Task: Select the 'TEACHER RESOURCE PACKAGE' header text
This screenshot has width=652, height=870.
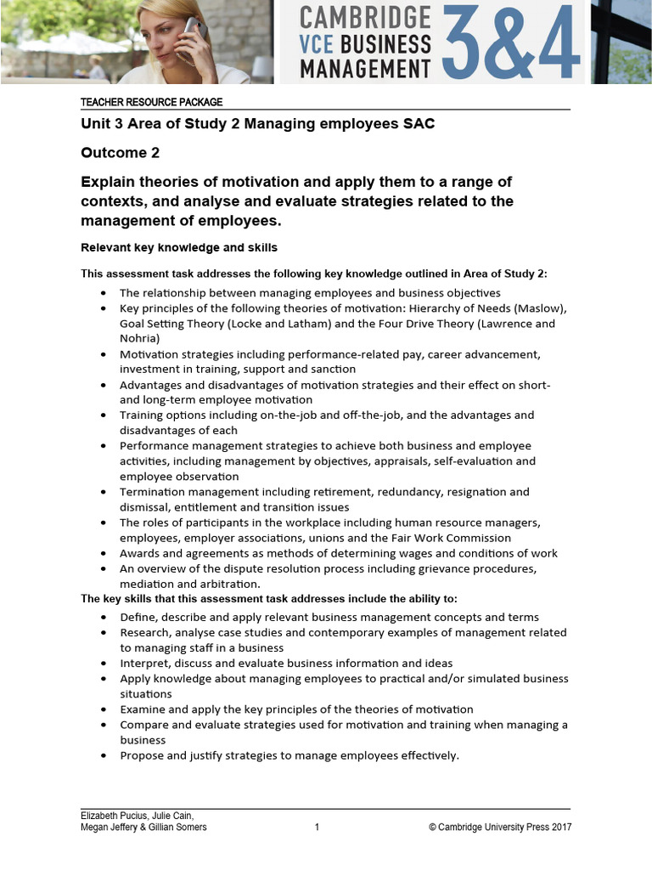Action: tap(151, 102)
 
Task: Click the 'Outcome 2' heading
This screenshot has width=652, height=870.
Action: tap(120, 153)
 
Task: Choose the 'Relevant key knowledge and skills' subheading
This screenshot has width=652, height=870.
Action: tap(178, 248)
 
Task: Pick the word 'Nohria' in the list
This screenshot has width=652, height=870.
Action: tap(139, 338)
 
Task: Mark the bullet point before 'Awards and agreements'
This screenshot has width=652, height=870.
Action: tap(103, 553)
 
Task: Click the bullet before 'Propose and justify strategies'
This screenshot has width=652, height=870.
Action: tap(103, 755)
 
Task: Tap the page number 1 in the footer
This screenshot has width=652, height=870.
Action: tap(317, 828)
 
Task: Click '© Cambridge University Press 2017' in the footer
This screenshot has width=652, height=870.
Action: tap(500, 828)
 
